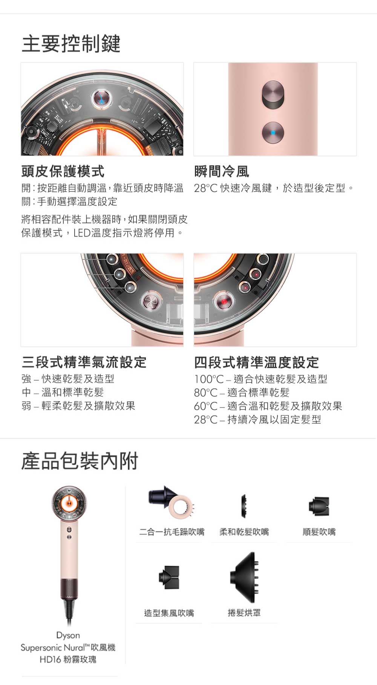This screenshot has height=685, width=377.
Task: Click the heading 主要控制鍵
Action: [71, 44]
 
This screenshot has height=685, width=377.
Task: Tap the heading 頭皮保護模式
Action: [63, 171]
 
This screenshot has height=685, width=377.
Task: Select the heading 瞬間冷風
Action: [222, 171]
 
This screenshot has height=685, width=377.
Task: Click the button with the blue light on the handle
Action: [273, 132]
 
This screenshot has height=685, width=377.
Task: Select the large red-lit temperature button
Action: [224, 302]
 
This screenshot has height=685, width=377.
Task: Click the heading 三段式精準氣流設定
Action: [84, 362]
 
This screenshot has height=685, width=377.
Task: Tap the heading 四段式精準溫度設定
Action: [257, 362]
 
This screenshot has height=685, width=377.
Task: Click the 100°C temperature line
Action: [261, 379]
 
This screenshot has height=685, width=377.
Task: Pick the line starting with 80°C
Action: [242, 393]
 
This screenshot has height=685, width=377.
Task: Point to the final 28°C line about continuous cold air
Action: [257, 419]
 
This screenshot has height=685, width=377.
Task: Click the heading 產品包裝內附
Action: [80, 461]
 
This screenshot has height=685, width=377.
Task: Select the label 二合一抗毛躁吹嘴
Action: [172, 532]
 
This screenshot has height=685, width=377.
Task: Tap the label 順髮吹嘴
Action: [319, 532]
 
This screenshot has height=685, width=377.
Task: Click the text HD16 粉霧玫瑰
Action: [68, 659]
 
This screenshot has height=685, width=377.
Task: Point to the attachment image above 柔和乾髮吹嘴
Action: [244, 505]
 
